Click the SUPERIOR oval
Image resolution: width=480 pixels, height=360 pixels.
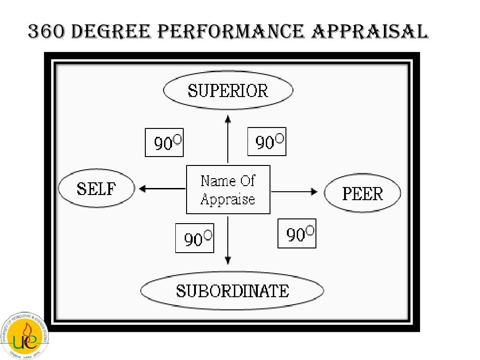[228, 90]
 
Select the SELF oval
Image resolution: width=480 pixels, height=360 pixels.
[96, 189]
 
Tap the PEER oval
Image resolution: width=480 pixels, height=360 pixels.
[362, 193]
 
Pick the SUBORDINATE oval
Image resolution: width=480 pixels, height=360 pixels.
[232, 291]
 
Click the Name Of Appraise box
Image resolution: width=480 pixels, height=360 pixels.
[228, 189]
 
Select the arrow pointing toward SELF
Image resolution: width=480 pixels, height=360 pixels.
[162, 189]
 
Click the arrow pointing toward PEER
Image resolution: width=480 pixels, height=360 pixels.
[295, 191]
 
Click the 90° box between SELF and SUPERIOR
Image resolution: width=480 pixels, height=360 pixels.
[164, 142]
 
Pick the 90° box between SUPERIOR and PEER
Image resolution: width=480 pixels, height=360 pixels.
[267, 141]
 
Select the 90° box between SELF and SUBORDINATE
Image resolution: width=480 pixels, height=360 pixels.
[195, 238]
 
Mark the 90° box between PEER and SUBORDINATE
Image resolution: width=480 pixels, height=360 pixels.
[297, 233]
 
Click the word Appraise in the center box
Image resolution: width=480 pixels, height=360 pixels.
[228, 199]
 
